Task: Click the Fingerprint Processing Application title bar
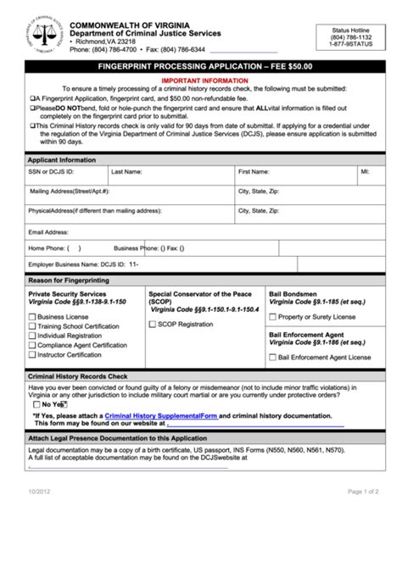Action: tap(200, 64)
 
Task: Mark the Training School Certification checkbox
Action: tap(32, 326)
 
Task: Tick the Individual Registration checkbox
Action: tap(32, 336)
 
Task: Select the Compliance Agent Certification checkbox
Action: tap(32, 345)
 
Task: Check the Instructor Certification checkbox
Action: tap(32, 355)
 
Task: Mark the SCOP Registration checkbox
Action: tap(153, 324)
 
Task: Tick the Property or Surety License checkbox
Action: tap(273, 317)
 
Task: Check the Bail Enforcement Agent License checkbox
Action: tap(273, 358)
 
